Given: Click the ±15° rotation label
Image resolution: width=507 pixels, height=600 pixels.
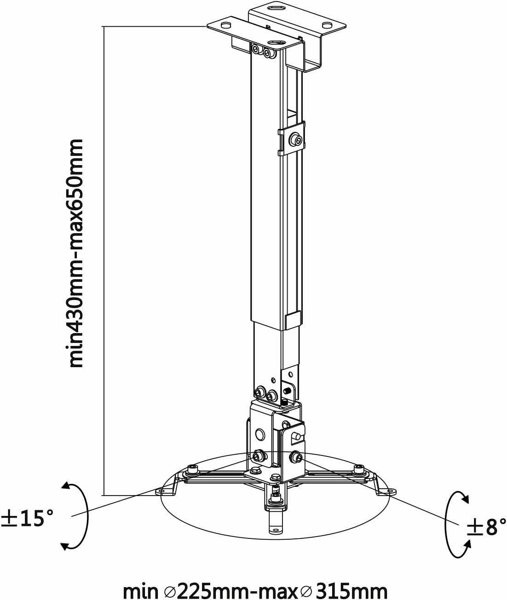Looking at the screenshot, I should [28, 519].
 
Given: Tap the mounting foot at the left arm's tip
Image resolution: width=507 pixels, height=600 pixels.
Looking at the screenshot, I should [161, 491].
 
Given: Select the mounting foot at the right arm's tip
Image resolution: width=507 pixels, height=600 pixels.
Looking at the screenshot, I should [390, 491].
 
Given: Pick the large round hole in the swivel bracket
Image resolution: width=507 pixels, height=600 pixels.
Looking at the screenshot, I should [259, 434].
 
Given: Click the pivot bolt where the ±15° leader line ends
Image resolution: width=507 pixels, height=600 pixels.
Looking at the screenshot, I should [258, 456].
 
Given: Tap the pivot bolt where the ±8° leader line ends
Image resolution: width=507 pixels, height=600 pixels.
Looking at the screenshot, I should [296, 456].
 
